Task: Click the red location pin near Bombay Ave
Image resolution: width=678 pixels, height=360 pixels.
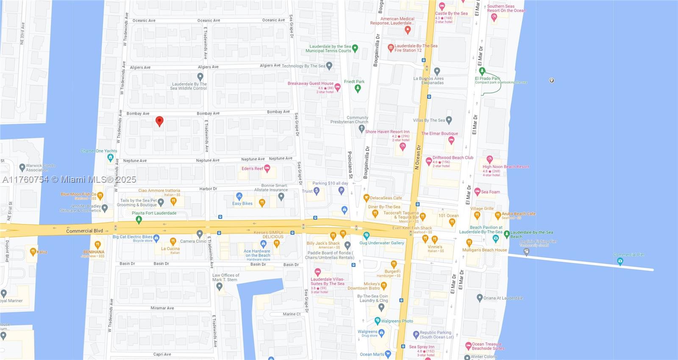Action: click(x=159, y=121)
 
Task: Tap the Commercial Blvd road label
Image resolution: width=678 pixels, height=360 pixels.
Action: click(x=84, y=231)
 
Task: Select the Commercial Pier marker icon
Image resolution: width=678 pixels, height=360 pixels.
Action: click(x=620, y=261)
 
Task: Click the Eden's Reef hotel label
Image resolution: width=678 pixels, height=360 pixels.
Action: click(x=252, y=168)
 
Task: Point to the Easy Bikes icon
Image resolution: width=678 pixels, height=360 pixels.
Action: click(x=239, y=196)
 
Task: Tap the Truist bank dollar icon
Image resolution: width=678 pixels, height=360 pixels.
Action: click(x=317, y=191)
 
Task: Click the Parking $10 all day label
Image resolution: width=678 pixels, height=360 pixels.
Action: click(x=330, y=183)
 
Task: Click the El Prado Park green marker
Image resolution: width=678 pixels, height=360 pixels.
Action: click(x=482, y=71)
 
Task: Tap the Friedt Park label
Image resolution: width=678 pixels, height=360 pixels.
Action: click(x=354, y=81)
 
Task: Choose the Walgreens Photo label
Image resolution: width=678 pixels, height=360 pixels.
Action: click(x=397, y=321)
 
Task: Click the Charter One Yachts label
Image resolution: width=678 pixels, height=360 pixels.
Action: click(x=99, y=151)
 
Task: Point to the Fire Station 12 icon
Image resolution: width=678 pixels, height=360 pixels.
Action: click(x=391, y=48)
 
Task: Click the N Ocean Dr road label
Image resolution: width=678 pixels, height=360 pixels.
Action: click(x=417, y=157)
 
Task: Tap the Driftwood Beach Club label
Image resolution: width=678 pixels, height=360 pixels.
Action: click(x=453, y=158)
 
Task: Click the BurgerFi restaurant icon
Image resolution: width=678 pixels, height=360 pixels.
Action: click(x=394, y=264)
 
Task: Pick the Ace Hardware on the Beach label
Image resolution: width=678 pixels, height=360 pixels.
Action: click(x=257, y=253)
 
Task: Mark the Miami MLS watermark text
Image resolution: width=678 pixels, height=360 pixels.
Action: click(x=69, y=179)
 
